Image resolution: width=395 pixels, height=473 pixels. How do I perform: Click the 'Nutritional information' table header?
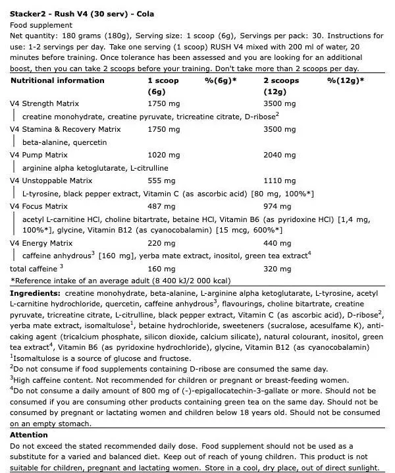[57, 80]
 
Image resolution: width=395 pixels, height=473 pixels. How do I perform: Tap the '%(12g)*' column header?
[346, 80]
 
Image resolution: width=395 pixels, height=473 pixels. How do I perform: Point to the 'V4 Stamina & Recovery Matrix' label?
[66, 129]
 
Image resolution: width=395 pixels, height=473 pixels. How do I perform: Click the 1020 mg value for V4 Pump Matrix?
[162, 155]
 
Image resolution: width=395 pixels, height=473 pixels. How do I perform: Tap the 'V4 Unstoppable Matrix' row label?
[51, 181]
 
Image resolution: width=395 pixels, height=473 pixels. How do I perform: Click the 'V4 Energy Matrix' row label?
[45, 243]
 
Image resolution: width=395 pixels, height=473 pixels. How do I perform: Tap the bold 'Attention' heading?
[29, 435]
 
